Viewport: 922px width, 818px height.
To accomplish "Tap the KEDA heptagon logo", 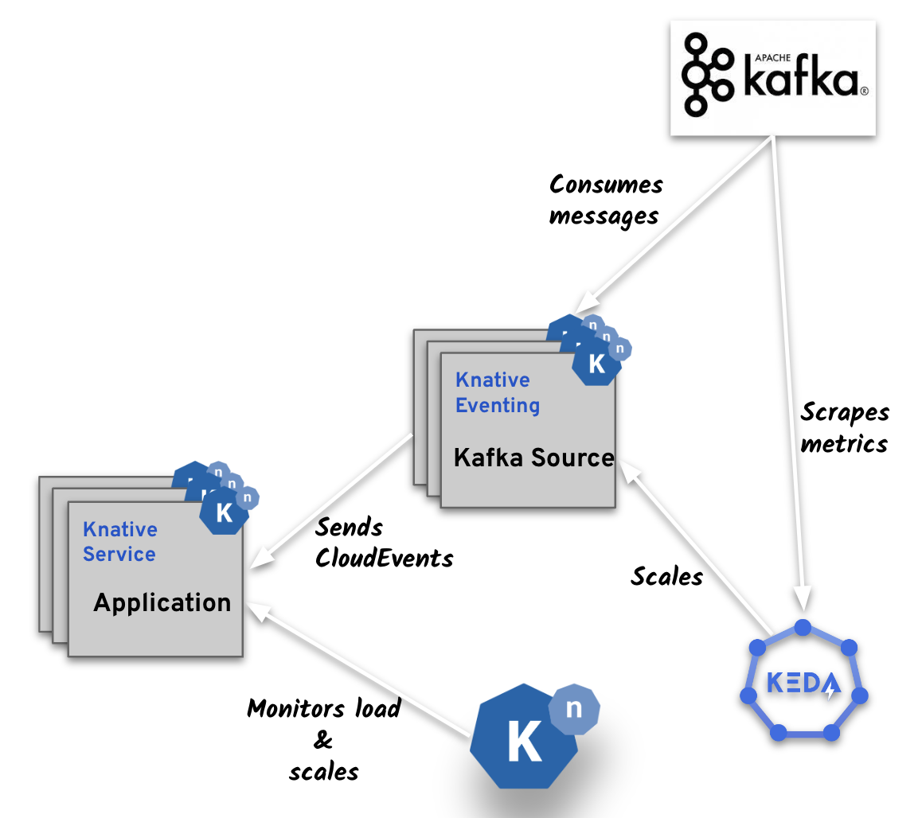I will (x=803, y=683).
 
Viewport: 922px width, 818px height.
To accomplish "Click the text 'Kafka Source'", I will (x=533, y=458).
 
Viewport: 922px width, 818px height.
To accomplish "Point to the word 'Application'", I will (x=162, y=602).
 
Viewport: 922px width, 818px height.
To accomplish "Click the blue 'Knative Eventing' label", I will (x=498, y=393).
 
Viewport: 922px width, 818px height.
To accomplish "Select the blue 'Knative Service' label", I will (x=120, y=542).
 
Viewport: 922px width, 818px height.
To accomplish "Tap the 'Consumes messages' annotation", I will (x=606, y=200).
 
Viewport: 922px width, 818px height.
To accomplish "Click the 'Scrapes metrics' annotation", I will (x=844, y=427).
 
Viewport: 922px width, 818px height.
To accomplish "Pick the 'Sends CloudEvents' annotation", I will (x=384, y=543).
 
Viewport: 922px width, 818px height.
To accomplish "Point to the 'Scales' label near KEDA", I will (x=666, y=576).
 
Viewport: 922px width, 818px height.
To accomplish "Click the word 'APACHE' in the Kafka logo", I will (x=761, y=56).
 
